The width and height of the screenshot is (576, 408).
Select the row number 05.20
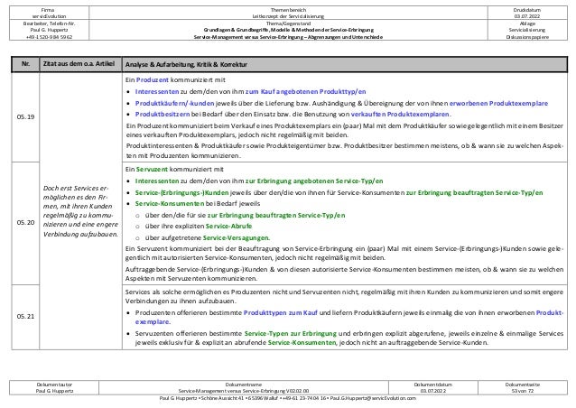32,220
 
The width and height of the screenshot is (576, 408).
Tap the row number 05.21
32,317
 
